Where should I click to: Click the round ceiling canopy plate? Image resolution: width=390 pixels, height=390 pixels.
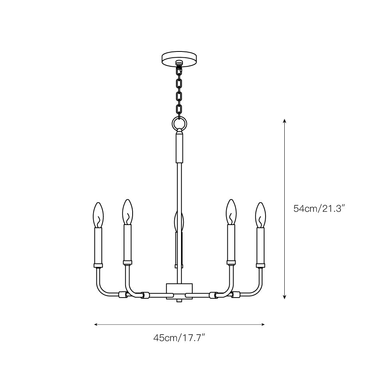click(x=179, y=59)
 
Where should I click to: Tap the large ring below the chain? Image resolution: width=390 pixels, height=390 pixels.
click(x=179, y=124)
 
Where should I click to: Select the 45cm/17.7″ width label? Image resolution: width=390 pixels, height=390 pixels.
click(x=179, y=338)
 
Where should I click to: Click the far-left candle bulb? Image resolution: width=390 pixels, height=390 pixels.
click(x=98, y=214)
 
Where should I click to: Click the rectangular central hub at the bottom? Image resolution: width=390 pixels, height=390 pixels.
click(x=179, y=291)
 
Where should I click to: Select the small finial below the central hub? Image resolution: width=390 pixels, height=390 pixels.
click(x=179, y=301)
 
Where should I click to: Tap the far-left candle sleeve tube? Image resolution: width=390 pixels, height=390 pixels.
click(x=98, y=246)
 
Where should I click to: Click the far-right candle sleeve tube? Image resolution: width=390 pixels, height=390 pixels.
click(x=260, y=246)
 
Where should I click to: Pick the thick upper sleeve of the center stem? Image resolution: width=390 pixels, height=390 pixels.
click(x=179, y=147)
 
